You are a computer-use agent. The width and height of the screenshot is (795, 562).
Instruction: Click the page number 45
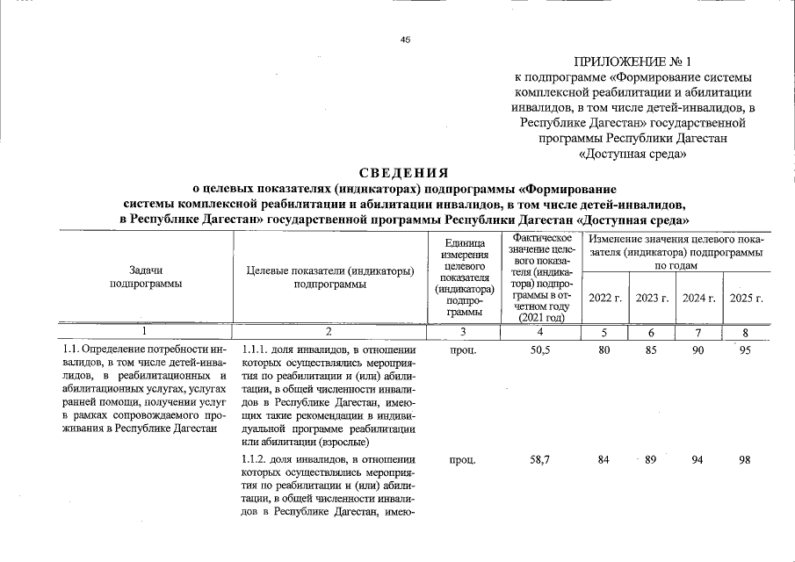coord(406,40)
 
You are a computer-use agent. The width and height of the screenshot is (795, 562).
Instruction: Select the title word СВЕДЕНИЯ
coord(403,172)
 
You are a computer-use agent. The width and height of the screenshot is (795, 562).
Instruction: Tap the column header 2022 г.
coord(605,299)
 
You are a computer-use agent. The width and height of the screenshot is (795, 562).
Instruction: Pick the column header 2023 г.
coord(653,299)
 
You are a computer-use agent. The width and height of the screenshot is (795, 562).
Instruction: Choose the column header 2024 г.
coord(699,299)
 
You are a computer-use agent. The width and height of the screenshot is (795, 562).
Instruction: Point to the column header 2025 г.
coord(746,299)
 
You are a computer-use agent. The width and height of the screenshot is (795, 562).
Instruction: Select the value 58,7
coord(540,459)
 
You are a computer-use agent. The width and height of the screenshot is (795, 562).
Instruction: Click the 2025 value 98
coord(745,459)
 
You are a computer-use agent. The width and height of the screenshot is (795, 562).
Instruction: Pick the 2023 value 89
coord(651,459)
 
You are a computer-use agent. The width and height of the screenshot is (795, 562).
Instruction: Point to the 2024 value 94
coord(697,459)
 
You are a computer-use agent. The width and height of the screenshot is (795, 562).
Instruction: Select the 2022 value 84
coord(603,459)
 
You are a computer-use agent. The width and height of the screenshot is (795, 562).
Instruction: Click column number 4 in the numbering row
coord(539,331)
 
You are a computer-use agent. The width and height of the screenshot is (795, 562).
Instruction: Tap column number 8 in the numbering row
coord(745,331)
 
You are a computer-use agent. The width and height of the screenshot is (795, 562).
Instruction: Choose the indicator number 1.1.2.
coord(255,459)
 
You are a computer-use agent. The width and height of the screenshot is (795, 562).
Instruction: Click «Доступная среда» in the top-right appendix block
coord(632,155)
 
